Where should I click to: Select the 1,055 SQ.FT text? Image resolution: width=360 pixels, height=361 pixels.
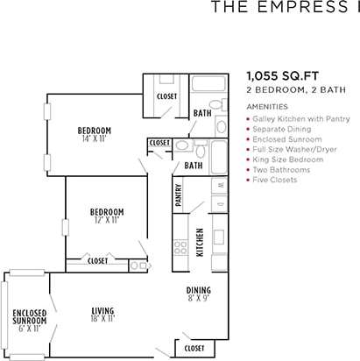277,76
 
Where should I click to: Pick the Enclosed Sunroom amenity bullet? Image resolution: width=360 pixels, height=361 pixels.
285,138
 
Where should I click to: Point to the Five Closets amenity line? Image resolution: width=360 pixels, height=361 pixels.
276,180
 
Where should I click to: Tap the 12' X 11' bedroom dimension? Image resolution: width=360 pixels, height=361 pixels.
106,219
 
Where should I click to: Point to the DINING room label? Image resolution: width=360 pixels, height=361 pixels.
197,291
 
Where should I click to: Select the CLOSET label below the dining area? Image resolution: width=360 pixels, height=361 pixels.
194,348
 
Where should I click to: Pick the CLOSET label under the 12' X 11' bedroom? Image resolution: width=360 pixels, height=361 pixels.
98,260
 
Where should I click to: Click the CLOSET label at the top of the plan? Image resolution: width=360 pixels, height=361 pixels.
166,96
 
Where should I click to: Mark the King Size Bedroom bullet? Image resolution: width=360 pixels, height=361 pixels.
287,159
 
